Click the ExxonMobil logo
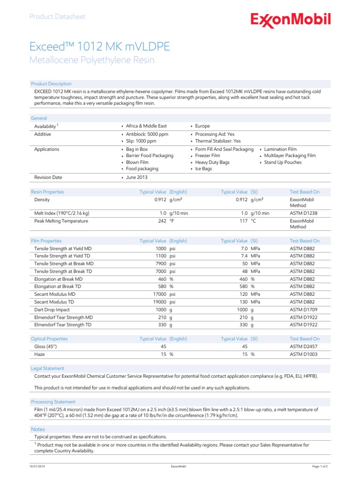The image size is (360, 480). click(x=291, y=20)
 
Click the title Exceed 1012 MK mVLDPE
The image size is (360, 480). click(x=99, y=46)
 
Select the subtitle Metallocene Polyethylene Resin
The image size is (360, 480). click(x=91, y=60)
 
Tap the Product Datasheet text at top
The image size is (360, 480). click(x=57, y=17)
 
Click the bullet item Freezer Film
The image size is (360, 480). click(x=207, y=156)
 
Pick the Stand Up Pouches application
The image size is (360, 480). click(x=283, y=162)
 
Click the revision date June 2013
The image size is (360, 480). click(x=137, y=178)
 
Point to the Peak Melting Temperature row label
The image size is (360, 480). click(x=61, y=221)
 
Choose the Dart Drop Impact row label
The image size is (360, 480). click(x=52, y=309)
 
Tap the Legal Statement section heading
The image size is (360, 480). click(x=47, y=368)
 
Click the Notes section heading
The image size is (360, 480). click(x=38, y=429)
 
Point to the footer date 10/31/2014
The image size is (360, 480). click(x=38, y=467)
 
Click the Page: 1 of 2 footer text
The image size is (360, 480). click(x=320, y=467)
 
